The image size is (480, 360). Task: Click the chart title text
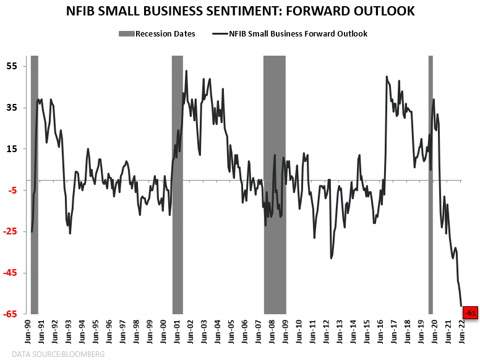(x=239, y=12)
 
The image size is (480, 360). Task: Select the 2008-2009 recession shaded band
(x=275, y=186)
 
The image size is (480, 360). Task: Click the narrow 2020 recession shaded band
(x=431, y=186)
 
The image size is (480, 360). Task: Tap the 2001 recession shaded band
(x=177, y=186)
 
